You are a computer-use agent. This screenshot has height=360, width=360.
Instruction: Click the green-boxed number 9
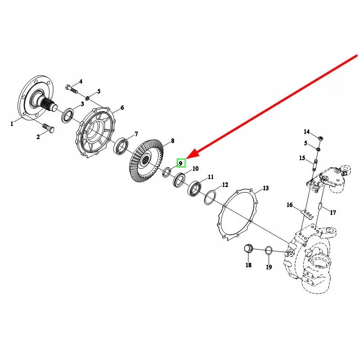(181, 163)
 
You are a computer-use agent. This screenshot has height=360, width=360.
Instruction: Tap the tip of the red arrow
(186, 158)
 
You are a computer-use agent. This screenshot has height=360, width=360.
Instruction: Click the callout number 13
(265, 188)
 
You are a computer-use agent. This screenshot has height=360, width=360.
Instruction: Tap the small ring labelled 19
(269, 250)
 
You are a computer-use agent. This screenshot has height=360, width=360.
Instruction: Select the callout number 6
(121, 108)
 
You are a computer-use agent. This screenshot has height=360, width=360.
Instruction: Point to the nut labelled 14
(320, 138)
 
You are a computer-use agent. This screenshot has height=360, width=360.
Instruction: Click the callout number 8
(171, 141)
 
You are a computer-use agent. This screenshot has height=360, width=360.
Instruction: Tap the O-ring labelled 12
(210, 197)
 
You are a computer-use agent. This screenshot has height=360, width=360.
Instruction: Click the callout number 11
(211, 177)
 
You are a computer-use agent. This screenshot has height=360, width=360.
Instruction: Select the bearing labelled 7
(121, 147)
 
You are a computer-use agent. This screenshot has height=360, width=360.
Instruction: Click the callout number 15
(302, 158)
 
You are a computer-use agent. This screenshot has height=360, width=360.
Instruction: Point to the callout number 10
(195, 169)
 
